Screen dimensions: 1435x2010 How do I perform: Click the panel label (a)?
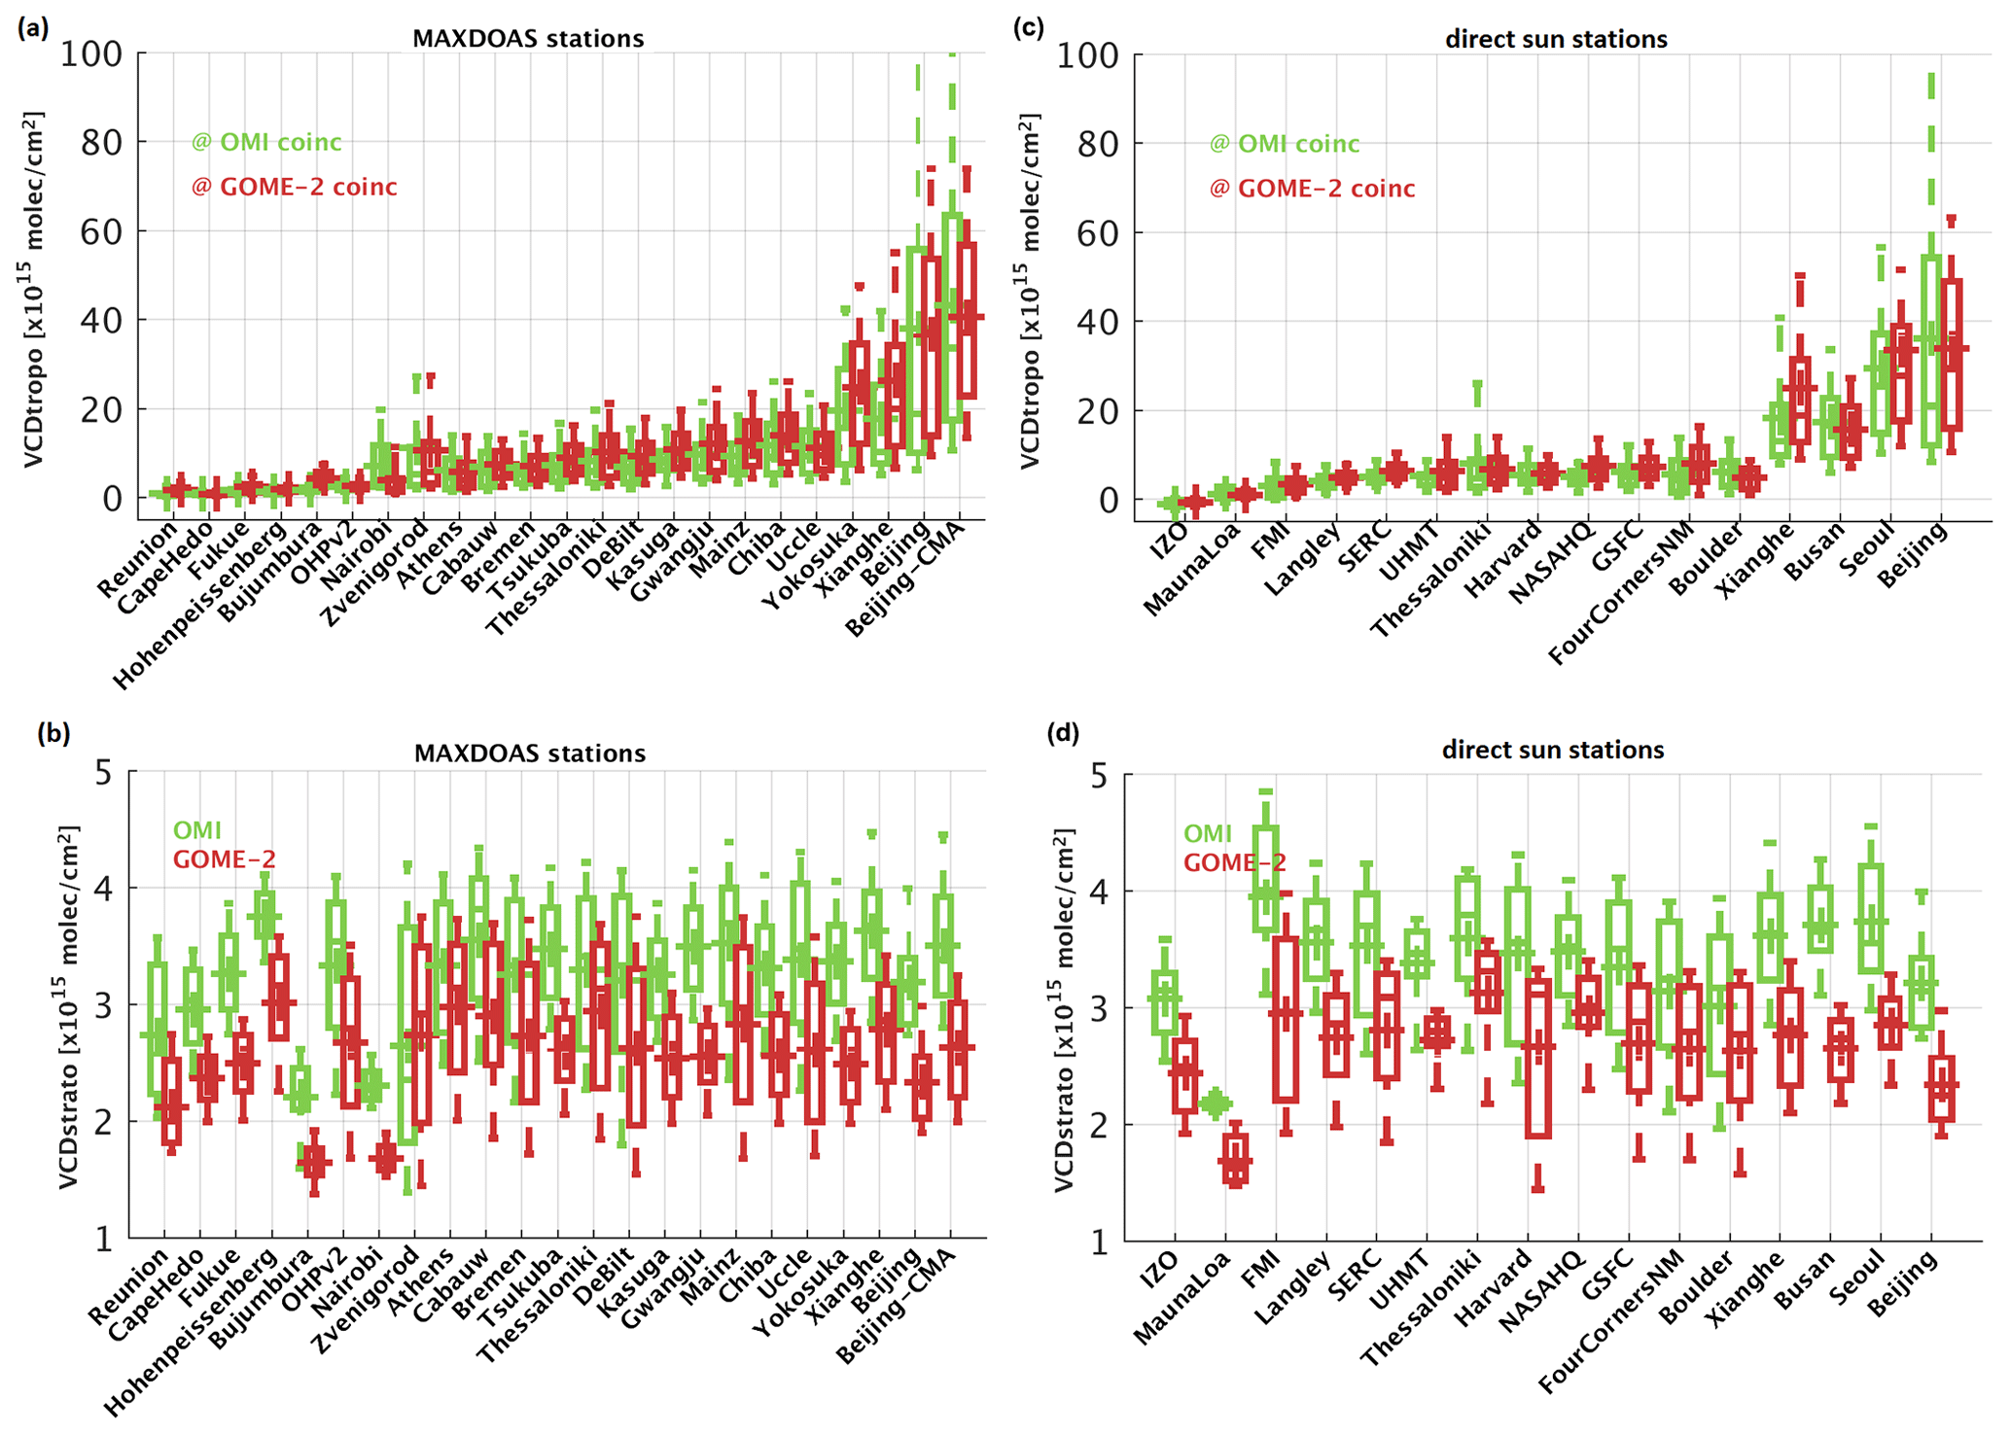32,28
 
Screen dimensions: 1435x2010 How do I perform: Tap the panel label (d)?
1062,733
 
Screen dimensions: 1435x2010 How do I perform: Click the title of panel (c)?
1556,40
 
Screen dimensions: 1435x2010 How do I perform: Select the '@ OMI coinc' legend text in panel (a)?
266,143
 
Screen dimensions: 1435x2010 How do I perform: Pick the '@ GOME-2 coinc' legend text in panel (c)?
1312,189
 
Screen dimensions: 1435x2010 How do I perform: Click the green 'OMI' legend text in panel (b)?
196,831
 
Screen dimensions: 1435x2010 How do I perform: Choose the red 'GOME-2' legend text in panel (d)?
1234,862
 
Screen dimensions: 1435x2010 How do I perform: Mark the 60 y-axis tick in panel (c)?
1097,232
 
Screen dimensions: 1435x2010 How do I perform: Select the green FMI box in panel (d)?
1265,880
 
